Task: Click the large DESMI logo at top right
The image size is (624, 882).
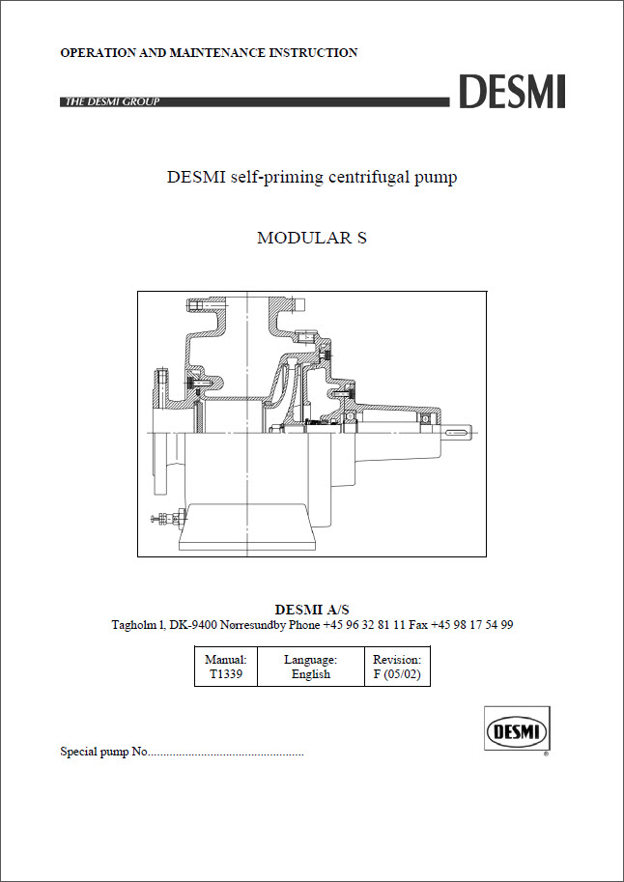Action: (512, 92)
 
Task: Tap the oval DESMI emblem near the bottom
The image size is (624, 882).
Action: (517, 732)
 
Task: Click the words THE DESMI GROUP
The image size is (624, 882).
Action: (113, 101)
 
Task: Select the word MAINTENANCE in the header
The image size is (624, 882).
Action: (219, 53)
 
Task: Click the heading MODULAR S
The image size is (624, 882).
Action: (312, 238)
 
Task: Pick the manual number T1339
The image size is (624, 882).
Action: (226, 674)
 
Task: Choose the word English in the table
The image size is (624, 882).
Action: (311, 674)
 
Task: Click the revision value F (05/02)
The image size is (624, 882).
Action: (397, 674)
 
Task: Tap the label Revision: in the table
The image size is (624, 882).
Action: (397, 659)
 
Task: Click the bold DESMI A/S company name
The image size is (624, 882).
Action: (312, 610)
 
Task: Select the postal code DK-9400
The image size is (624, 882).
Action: (198, 625)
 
